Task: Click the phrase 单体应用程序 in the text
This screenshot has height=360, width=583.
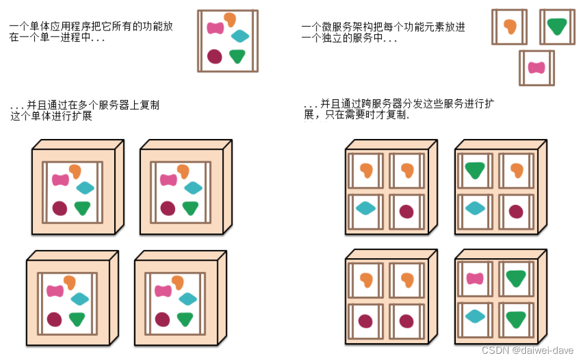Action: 45,27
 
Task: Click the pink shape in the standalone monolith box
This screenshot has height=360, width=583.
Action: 215,28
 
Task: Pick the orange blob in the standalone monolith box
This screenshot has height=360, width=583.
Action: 230,19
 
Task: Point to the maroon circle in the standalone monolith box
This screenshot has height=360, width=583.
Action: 214,56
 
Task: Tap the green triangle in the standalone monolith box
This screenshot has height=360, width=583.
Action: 237,56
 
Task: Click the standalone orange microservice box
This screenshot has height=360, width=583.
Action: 509,27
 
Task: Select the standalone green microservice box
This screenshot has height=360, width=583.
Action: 556,27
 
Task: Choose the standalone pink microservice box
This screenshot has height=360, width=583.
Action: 536,68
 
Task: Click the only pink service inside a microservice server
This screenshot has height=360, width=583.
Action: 475,279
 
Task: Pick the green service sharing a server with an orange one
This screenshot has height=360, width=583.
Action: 475,169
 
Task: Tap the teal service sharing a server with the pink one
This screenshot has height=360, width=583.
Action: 475,316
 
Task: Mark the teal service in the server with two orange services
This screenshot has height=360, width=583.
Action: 366,209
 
